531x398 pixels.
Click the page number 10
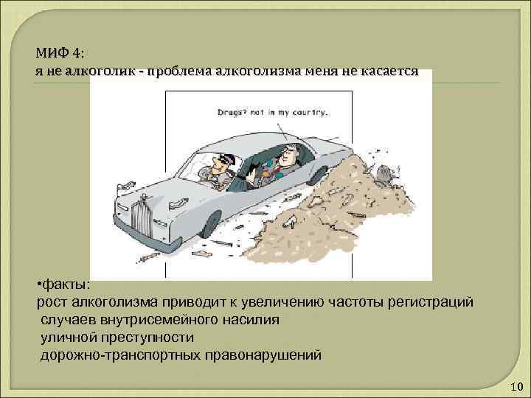516,388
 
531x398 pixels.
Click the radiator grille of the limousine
142,217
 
